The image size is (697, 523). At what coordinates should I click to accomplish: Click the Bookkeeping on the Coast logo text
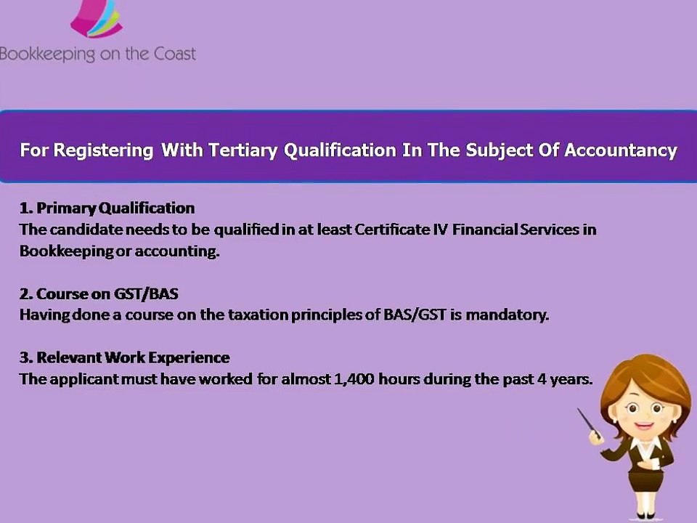pyautogui.click(x=98, y=54)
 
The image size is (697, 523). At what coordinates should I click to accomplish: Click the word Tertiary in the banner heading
pyautogui.click(x=243, y=150)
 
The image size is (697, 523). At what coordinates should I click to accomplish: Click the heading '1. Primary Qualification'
pyautogui.click(x=107, y=208)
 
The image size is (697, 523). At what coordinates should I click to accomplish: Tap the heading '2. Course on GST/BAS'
pyautogui.click(x=99, y=294)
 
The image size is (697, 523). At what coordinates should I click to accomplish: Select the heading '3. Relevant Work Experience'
pyautogui.click(x=124, y=357)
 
